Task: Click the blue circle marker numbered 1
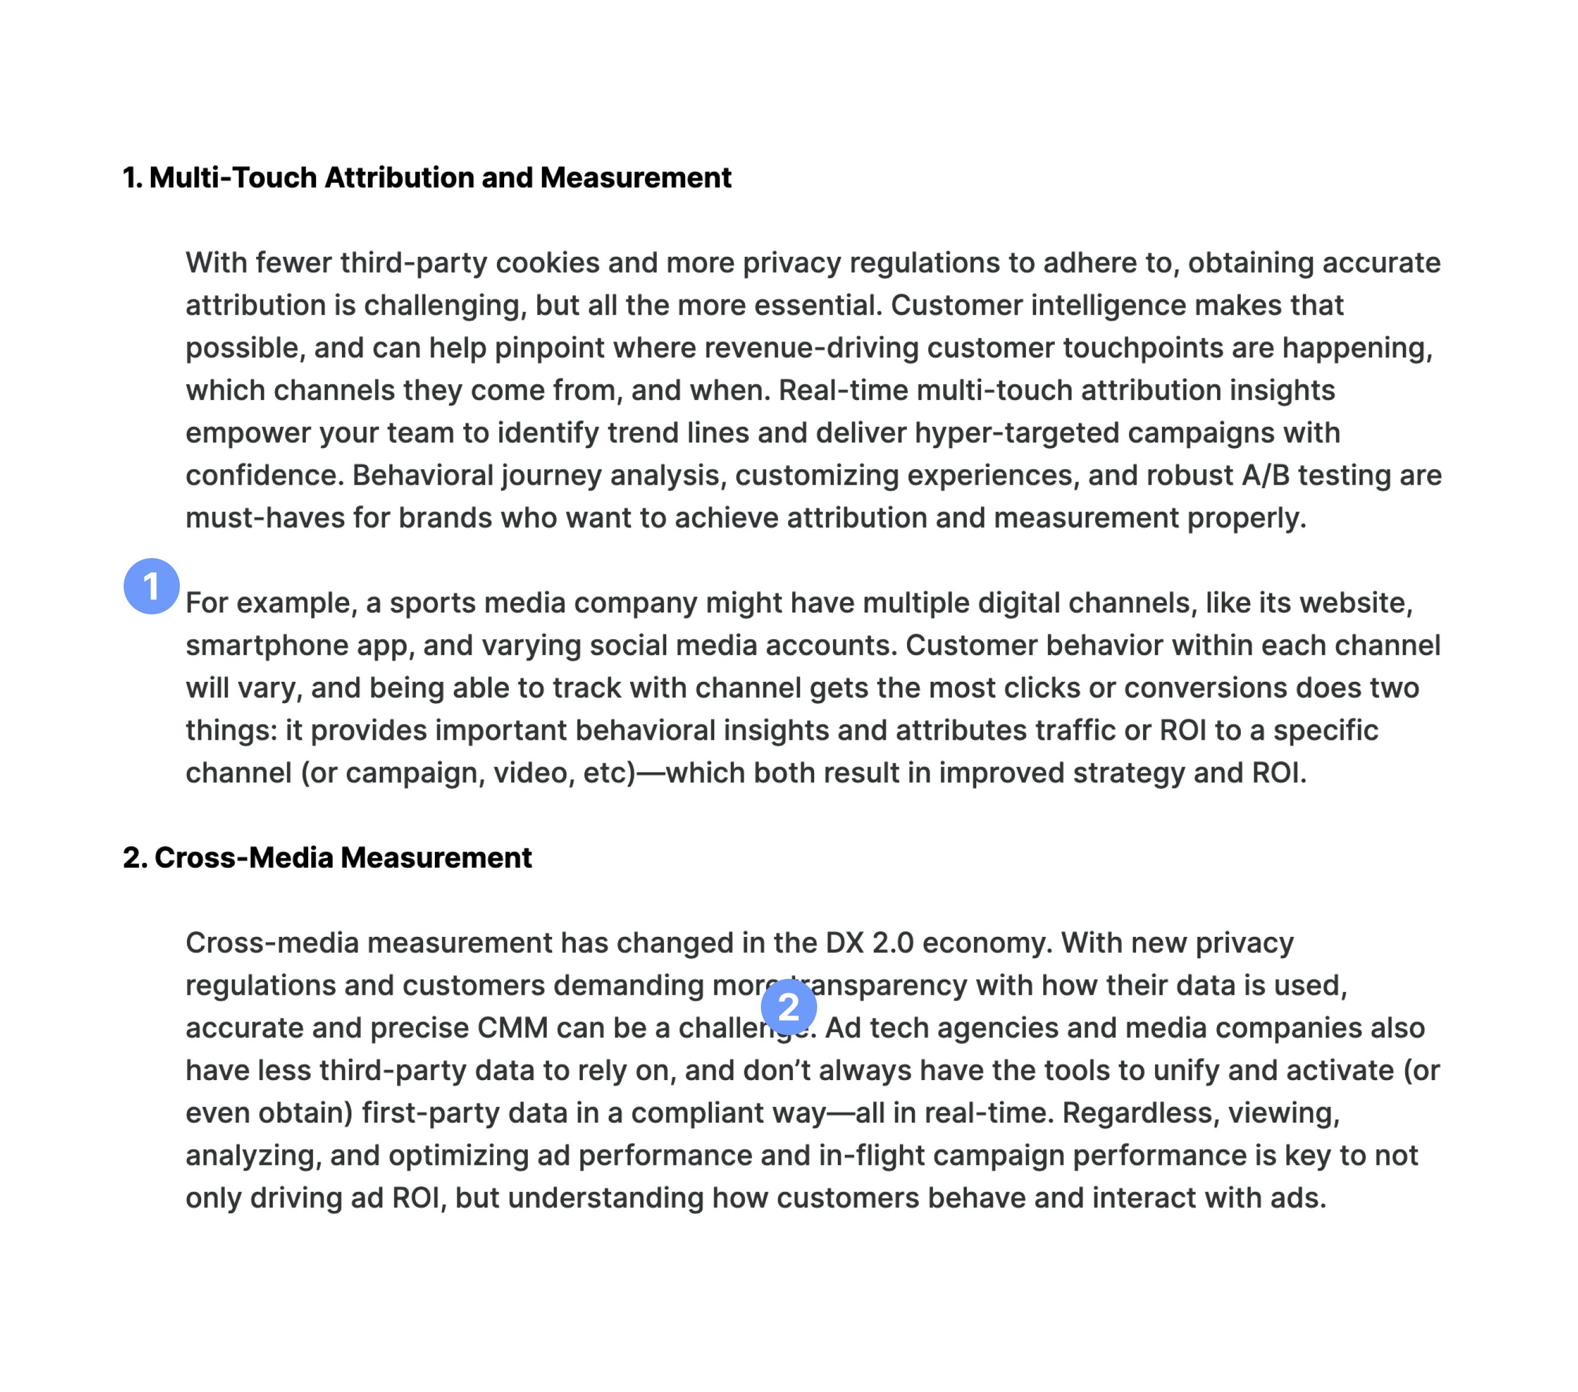pos(151,586)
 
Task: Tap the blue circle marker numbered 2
pos(788,1007)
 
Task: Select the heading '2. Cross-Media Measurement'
pos(327,858)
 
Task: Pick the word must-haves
pos(265,518)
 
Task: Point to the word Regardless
pos(1140,1113)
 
